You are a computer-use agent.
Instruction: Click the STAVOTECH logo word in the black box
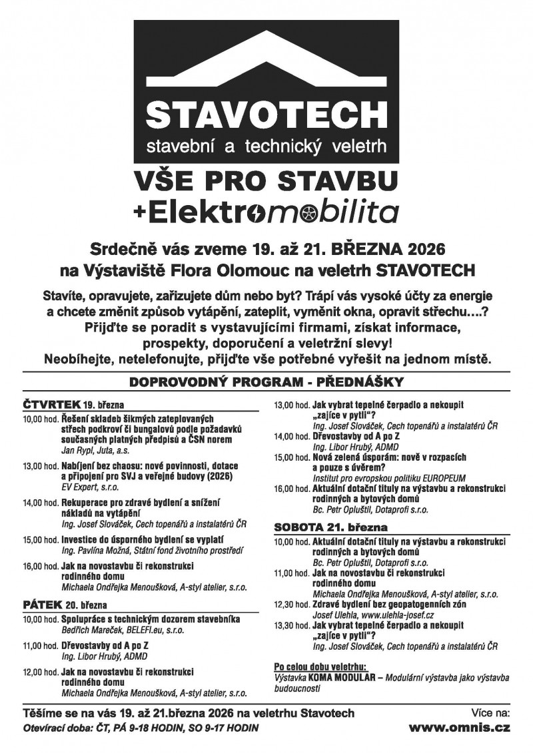click(x=266, y=115)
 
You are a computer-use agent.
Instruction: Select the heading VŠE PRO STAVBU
click(x=266, y=180)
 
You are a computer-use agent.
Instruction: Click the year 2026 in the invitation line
click(x=419, y=251)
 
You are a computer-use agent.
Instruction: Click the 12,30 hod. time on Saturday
click(x=291, y=604)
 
